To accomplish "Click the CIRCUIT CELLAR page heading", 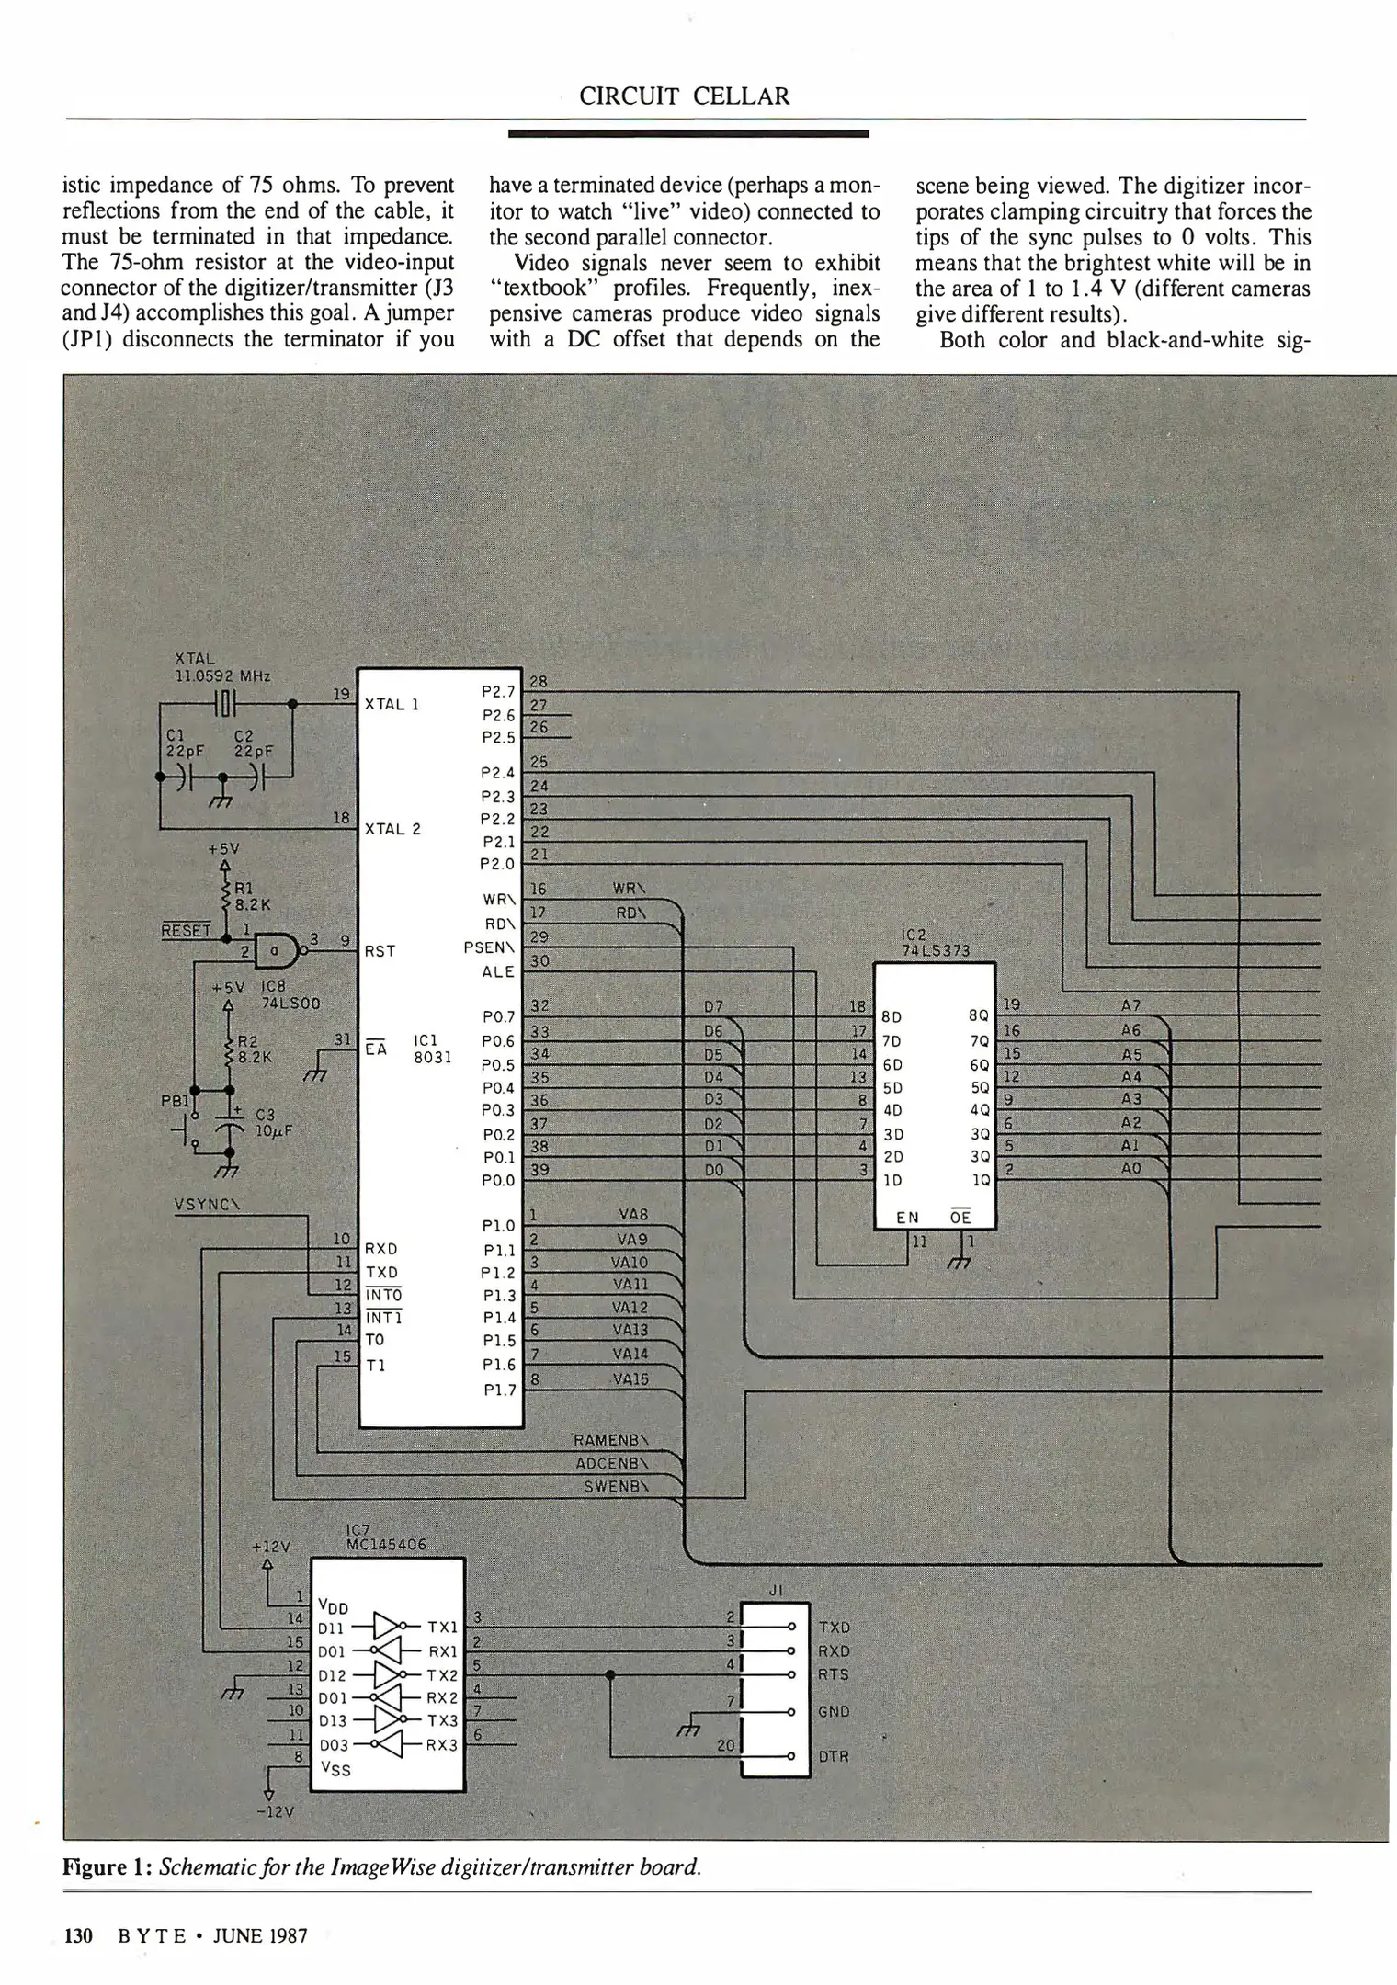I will pyautogui.click(x=684, y=96).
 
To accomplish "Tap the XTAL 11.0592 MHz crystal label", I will pyautogui.click(x=221, y=667).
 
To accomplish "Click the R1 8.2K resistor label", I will pyautogui.click(x=251, y=896).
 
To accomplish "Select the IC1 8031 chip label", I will pyautogui.click(x=432, y=1049).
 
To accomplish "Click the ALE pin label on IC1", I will pyautogui.click(x=499, y=971).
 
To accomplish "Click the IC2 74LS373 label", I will pyautogui.click(x=935, y=944).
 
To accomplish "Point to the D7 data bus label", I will pyautogui.click(x=713, y=1008).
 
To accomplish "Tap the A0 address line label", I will pyautogui.click(x=1130, y=1168).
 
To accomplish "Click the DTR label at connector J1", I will pyautogui.click(x=834, y=1756).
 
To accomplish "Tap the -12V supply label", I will pyautogui.click(x=268, y=1813).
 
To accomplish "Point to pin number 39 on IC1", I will pyautogui.click(x=539, y=1169).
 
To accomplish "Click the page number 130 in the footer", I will pyautogui.click(x=78, y=1936).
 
